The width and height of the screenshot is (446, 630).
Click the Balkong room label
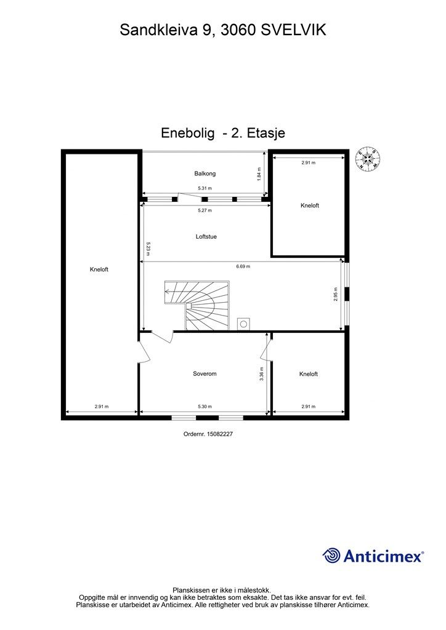[x=205, y=173]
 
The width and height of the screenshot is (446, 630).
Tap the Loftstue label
[x=206, y=237]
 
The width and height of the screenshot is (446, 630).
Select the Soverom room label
[x=205, y=373]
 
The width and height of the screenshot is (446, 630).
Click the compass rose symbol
[x=368, y=159]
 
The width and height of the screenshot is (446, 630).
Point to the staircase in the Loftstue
[x=197, y=305]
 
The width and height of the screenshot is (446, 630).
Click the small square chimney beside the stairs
[x=243, y=324]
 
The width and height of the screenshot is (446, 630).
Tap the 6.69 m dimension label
[x=243, y=266]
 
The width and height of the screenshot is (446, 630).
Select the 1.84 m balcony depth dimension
[x=259, y=174]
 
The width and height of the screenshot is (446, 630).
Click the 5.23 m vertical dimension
[x=148, y=249]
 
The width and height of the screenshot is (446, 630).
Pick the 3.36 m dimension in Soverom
[x=262, y=373]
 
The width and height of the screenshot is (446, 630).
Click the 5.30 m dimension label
[x=205, y=407]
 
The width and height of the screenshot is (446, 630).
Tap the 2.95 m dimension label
[x=335, y=294]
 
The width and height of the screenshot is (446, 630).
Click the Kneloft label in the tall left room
[x=99, y=269]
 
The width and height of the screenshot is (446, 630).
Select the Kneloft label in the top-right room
[x=310, y=205]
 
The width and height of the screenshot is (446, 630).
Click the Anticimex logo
[x=373, y=556]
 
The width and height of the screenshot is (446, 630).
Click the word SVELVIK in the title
[x=294, y=30]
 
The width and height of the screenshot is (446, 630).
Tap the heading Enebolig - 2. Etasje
[x=223, y=133]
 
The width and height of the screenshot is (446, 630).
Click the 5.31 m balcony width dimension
[x=205, y=188]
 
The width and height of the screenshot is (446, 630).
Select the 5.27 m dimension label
[x=205, y=210]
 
